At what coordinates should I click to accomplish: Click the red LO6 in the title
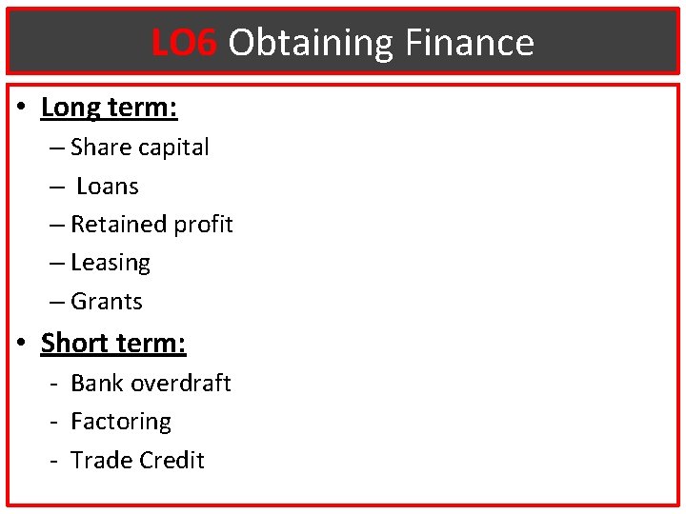[184, 43]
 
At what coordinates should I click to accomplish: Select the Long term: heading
[109, 108]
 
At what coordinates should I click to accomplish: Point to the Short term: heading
[112, 343]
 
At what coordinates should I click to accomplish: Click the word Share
[101, 148]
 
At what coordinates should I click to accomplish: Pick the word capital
[173, 148]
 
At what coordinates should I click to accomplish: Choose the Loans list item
[108, 187]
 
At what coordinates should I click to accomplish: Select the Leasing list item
[111, 263]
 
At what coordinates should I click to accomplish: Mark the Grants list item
[107, 302]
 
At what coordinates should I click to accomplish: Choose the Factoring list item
[121, 422]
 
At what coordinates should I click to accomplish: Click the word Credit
[171, 460]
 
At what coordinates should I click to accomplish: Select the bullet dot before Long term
[22, 108]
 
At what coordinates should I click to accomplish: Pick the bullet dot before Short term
[22, 343]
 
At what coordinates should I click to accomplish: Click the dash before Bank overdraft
[57, 384]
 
